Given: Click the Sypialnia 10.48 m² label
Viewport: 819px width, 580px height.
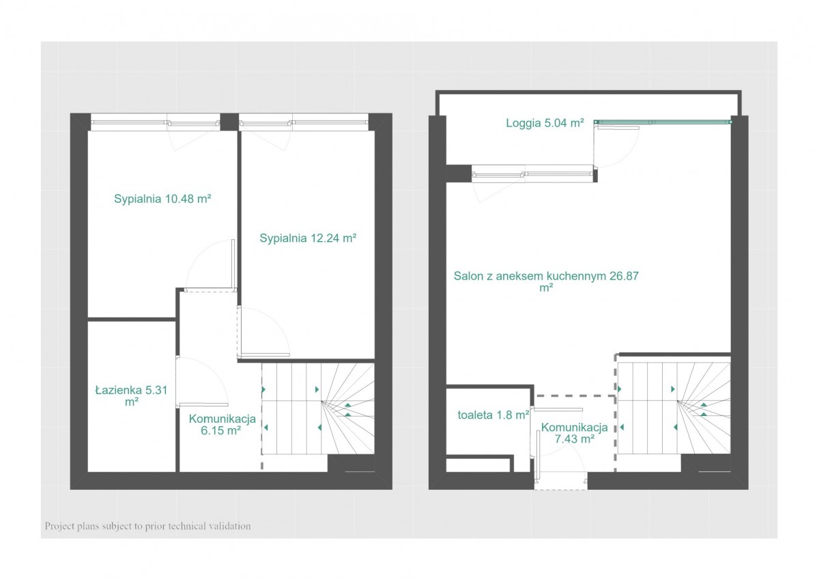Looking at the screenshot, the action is [162, 199].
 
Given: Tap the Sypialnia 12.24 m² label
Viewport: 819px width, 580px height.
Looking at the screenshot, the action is [308, 238].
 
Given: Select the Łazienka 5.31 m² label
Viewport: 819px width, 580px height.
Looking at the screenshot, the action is [131, 396].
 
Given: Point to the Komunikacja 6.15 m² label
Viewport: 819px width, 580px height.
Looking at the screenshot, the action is [222, 424].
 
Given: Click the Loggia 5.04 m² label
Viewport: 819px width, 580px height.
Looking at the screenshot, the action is [545, 123].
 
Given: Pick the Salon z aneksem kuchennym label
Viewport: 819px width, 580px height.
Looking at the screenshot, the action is [546, 281].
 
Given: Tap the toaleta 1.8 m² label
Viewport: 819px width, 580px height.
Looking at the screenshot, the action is [493, 415].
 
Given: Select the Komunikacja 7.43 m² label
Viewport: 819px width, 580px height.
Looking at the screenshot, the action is [575, 433].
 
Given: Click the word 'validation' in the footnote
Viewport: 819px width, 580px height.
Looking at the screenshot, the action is [229, 526].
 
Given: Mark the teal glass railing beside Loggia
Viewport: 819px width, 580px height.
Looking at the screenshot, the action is [663, 122].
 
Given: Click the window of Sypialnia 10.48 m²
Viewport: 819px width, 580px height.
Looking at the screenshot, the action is [156, 122].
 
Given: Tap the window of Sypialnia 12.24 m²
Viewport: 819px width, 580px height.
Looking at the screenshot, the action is [304, 122].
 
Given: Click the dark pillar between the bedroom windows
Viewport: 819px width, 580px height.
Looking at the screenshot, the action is [229, 122].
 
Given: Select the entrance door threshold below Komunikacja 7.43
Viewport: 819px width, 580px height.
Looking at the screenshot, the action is [561, 481].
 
